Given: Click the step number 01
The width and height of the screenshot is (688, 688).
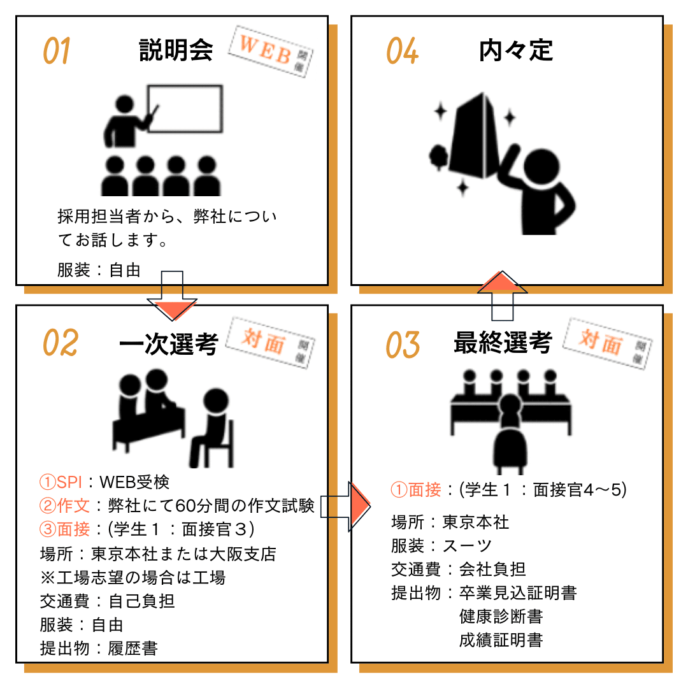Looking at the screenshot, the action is pyautogui.click(x=57, y=50).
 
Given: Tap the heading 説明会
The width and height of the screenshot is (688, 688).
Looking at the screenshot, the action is pyautogui.click(x=176, y=50).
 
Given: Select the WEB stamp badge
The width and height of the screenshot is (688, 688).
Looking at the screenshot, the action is pyautogui.click(x=270, y=52).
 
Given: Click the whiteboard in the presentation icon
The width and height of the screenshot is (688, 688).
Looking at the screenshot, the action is pyautogui.click(x=185, y=108).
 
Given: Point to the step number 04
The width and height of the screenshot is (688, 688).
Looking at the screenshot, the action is pyautogui.click(x=402, y=50).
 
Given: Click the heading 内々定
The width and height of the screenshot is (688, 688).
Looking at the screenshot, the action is pyautogui.click(x=515, y=50).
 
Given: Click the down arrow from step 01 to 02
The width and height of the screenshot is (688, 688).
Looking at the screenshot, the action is pyautogui.click(x=172, y=296).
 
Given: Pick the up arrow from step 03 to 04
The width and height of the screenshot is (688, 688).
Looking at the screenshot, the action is pyautogui.click(x=503, y=296).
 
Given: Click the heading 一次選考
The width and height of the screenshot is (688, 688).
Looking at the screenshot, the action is pyautogui.click(x=169, y=343).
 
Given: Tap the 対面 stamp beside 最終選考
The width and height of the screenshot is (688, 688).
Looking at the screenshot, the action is pyautogui.click(x=608, y=343).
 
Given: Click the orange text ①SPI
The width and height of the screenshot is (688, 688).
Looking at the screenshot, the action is pyautogui.click(x=61, y=482).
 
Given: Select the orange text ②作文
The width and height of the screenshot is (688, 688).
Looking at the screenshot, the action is pyautogui.click(x=64, y=505).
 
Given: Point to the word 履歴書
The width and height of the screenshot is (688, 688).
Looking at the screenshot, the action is pyautogui.click(x=133, y=648).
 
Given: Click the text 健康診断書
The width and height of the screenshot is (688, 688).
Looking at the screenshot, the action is pyautogui.click(x=501, y=616).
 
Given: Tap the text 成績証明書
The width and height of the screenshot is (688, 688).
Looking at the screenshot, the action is pyautogui.click(x=501, y=640).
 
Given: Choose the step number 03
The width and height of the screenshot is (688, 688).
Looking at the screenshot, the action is pyautogui.click(x=403, y=345).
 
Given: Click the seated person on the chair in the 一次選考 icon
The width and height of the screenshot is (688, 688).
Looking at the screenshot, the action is pyautogui.click(x=212, y=428).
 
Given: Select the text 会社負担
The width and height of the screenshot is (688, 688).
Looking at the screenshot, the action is pyautogui.click(x=492, y=569).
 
